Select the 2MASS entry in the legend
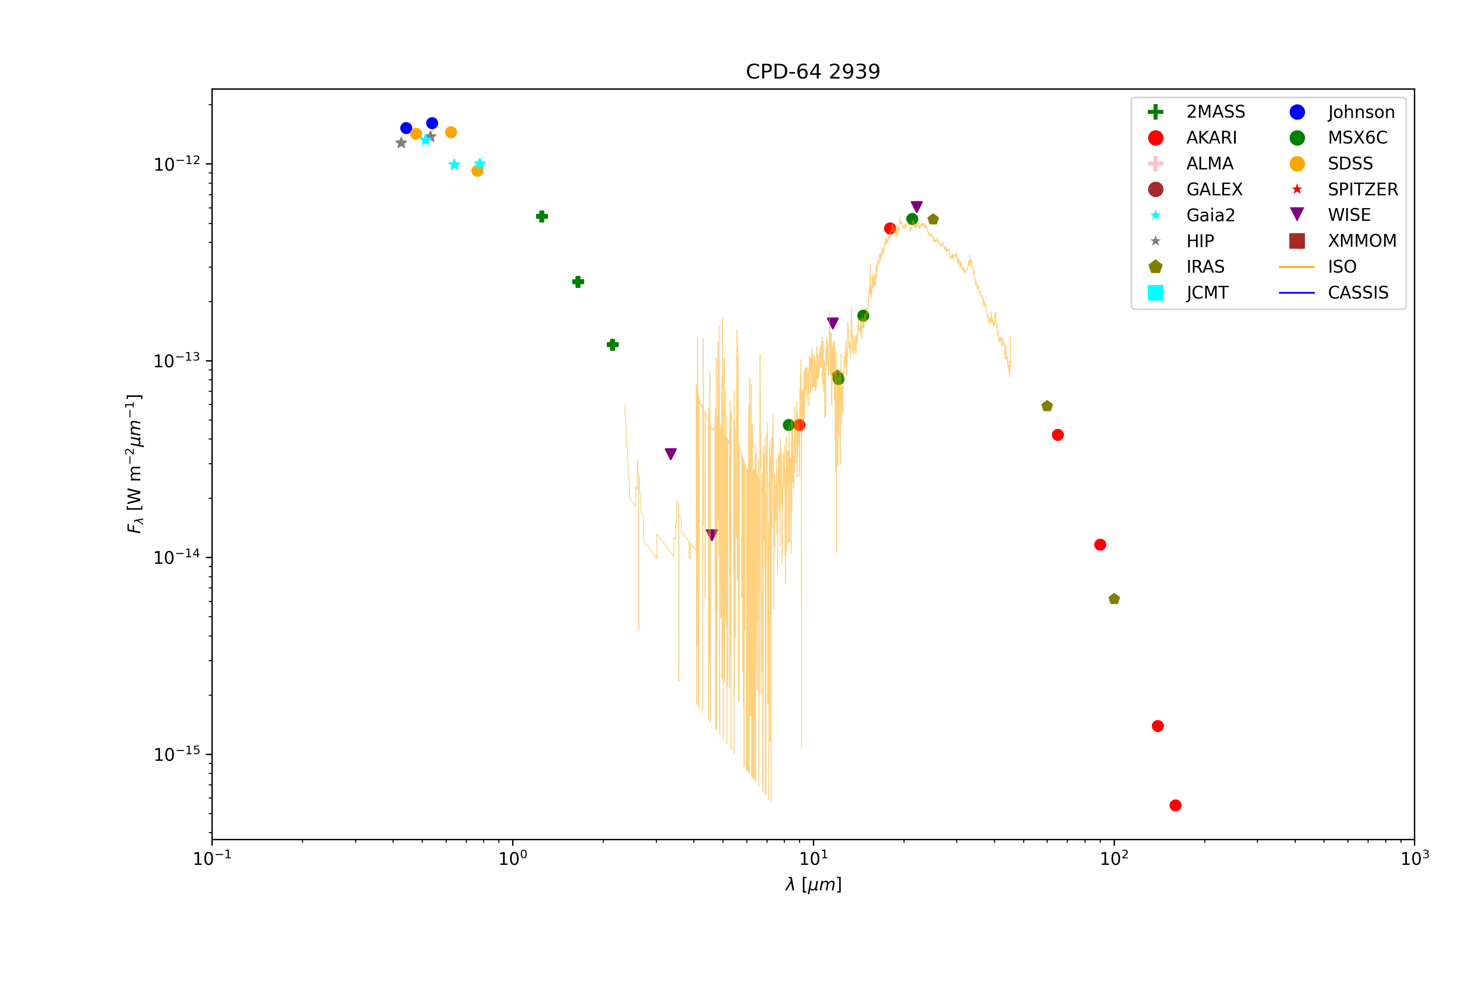point(1215,112)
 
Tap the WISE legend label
point(1349,215)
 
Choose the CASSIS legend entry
point(1358,293)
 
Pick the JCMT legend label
point(1207,293)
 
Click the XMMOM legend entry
point(1361,241)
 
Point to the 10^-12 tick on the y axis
point(177,164)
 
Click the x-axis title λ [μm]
point(813,885)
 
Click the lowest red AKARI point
point(1175,806)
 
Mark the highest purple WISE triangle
point(917,206)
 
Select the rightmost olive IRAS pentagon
point(1114,599)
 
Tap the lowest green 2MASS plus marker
point(613,345)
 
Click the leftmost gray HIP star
point(401,143)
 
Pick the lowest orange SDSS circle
point(477,171)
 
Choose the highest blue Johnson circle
point(432,123)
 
